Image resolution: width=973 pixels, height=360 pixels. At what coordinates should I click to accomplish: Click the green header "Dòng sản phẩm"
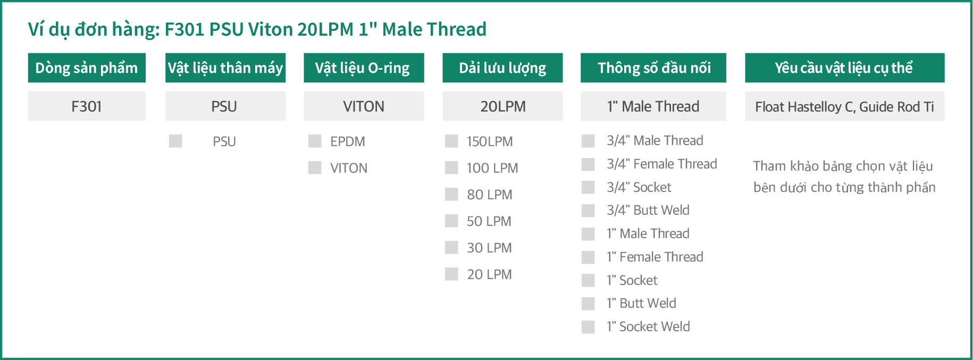(x=87, y=68)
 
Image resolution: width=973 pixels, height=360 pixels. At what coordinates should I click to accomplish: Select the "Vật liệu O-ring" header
(x=364, y=68)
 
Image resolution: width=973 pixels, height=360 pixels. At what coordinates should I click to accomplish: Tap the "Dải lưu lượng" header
(x=502, y=68)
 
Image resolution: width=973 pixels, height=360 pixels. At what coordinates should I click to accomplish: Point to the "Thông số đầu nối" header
(x=653, y=68)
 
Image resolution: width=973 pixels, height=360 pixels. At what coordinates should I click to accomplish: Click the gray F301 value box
(x=87, y=106)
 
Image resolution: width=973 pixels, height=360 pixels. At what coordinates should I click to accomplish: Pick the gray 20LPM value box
(x=502, y=106)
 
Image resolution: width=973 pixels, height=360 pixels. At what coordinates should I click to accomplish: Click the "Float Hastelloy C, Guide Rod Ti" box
(x=845, y=106)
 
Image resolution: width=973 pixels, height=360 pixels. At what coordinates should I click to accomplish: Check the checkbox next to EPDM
(x=315, y=141)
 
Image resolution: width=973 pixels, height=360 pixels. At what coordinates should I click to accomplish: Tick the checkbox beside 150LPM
(x=451, y=141)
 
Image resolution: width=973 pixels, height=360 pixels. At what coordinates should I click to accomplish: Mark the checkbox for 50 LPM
(x=451, y=221)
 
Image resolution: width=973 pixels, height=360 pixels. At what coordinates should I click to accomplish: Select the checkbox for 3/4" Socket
(x=588, y=187)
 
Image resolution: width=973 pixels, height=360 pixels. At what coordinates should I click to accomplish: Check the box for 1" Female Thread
(x=588, y=257)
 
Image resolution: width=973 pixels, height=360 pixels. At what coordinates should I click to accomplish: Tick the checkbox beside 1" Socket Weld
(x=588, y=327)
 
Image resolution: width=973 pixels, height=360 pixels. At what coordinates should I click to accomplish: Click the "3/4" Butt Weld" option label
(x=648, y=210)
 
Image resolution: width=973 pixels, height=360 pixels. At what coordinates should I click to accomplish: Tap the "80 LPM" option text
(x=490, y=195)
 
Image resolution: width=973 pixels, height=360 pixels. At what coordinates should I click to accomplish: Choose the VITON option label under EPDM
(x=349, y=168)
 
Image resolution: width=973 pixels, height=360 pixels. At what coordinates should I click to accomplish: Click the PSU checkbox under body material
(x=175, y=141)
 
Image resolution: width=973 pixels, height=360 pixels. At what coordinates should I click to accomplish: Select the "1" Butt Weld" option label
(x=642, y=303)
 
